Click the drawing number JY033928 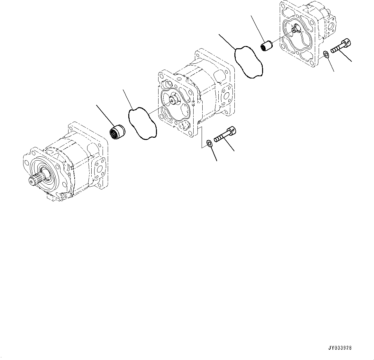(x=340, y=348)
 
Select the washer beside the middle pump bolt (x=209, y=143)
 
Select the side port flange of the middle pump (x=227, y=96)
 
